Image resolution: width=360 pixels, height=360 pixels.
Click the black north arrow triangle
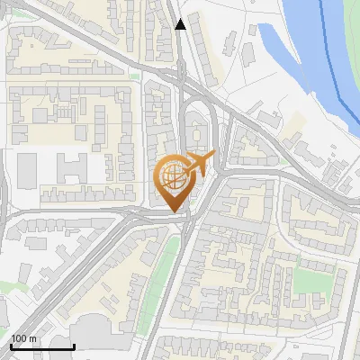pos(181,24)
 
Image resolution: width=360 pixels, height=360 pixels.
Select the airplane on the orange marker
pos(201,164)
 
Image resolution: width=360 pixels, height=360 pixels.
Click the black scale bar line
pos(42,346)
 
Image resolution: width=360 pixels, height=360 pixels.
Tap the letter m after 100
pos(32,339)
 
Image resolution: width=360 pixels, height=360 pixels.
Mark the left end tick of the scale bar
pos(12,345)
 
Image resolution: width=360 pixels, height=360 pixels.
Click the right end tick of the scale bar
pos(74,345)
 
